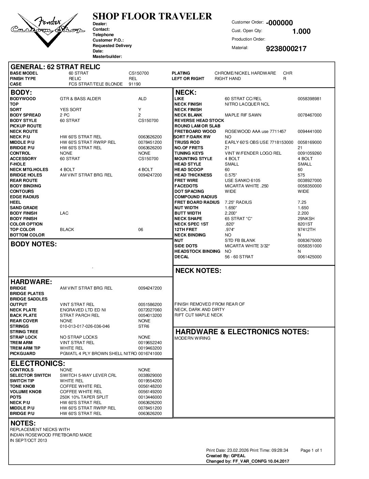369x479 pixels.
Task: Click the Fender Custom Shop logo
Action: (x=47, y=30)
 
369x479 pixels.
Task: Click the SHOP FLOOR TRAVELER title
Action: (x=152, y=16)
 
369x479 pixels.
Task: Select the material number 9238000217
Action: (x=286, y=49)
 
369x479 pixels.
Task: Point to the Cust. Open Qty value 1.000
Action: (x=301, y=31)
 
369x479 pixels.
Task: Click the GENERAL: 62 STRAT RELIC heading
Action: (x=56, y=67)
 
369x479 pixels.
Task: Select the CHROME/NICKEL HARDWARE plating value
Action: (x=245, y=73)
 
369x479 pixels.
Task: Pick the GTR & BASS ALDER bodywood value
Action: (x=80, y=99)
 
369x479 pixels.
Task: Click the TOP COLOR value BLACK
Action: (x=67, y=230)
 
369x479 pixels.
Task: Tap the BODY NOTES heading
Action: (x=34, y=244)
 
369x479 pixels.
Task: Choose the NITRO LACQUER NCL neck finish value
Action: (x=247, y=104)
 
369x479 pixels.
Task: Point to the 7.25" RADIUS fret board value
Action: (x=238, y=202)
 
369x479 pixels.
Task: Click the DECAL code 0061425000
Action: (x=309, y=257)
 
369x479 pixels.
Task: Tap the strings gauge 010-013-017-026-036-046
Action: (x=85, y=326)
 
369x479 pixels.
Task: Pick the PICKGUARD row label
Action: (x=22, y=354)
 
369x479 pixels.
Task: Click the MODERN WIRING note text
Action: (x=192, y=338)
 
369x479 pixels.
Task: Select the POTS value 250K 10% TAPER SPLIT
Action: (x=84, y=397)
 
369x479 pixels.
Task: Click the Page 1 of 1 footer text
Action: (x=311, y=450)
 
